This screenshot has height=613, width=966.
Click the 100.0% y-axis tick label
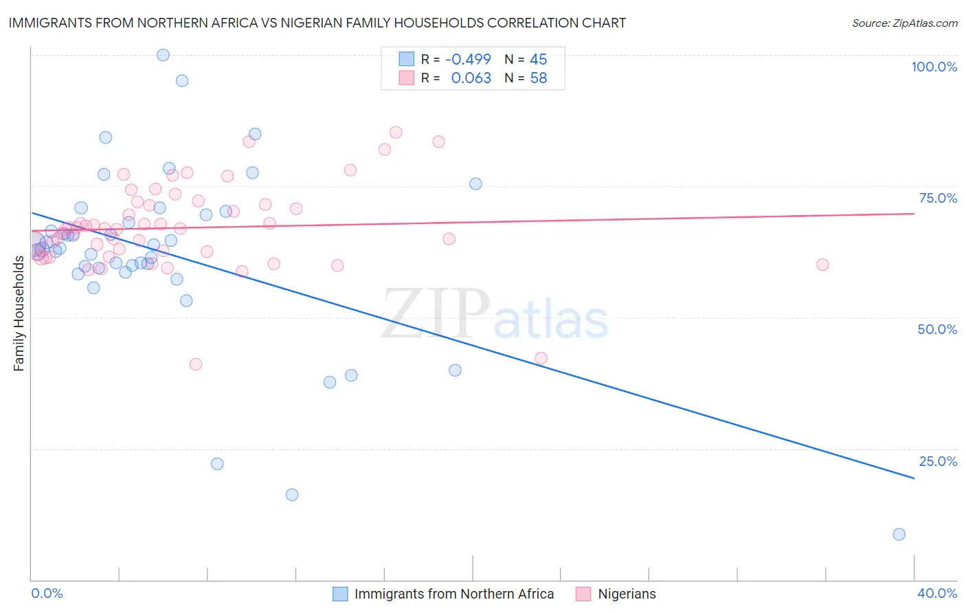(934, 67)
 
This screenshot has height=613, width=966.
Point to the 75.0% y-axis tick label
(938, 198)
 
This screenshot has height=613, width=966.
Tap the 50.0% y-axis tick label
(937, 329)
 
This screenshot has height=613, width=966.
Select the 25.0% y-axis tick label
(938, 461)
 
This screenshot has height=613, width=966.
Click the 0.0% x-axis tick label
(47, 593)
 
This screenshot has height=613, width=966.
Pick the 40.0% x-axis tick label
(937, 593)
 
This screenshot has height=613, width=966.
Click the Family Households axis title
(19, 313)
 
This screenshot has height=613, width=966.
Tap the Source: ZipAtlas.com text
(904, 23)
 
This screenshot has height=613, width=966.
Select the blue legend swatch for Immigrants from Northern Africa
(340, 594)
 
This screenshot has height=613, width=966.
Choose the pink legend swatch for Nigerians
(583, 594)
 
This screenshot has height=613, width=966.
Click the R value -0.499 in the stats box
(468, 59)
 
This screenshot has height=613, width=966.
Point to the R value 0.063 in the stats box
(471, 78)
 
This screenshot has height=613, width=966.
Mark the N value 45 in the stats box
(538, 59)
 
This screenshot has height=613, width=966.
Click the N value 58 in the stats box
(538, 78)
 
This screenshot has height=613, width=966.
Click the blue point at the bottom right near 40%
(899, 534)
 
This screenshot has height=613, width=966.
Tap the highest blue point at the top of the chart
(163, 55)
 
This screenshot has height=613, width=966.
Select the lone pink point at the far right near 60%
(822, 265)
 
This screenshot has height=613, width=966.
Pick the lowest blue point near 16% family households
(292, 495)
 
